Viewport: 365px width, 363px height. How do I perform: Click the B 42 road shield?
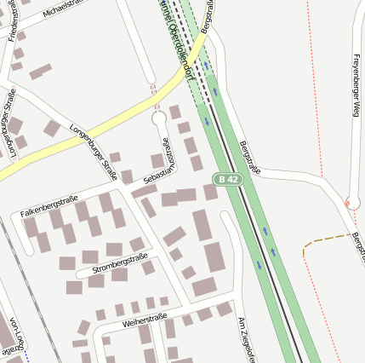point(226,179)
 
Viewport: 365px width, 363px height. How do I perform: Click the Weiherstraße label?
point(144,320)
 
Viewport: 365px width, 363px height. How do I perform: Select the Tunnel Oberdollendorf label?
point(177,38)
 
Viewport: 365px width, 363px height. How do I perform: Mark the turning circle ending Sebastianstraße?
point(159,118)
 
